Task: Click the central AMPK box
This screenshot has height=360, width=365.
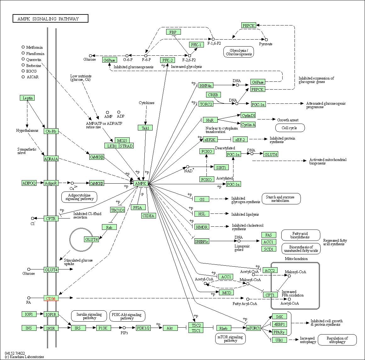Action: coord(141,184)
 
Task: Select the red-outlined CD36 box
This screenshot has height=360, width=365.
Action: coord(51,298)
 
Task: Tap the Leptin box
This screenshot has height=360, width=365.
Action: coord(27,98)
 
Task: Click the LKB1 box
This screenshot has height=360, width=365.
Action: coord(112,146)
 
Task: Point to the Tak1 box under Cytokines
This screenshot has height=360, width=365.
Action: coord(145,128)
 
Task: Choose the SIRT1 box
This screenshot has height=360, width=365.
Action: coord(221,168)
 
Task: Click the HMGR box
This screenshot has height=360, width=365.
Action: coord(202,227)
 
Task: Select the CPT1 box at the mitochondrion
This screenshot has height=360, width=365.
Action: coord(270,295)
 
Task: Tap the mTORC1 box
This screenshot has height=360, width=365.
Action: coord(254,328)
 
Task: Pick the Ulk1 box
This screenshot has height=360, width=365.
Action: coord(279,340)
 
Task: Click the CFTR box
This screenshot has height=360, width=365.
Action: coord(51,219)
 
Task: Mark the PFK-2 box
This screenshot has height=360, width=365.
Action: coord(168,60)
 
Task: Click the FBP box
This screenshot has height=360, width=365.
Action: coord(173,32)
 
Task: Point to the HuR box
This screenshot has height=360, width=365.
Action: coord(210,120)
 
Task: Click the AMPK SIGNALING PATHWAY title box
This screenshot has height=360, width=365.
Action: coord(50,19)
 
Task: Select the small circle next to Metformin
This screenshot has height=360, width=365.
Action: coord(23,47)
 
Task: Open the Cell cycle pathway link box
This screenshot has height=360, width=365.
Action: coord(290,128)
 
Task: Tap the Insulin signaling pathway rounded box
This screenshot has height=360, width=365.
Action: coord(89,316)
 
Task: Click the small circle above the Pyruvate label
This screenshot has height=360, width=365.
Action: coord(266,40)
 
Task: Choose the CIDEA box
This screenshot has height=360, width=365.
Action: coord(149,216)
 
